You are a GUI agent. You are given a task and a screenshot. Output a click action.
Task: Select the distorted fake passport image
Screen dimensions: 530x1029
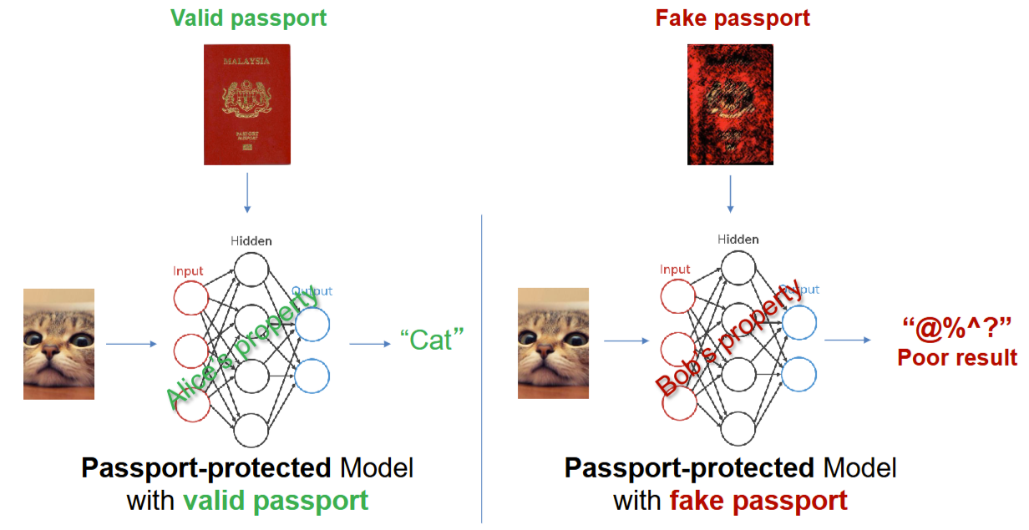(729, 104)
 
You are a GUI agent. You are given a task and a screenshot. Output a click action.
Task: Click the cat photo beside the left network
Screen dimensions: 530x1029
(58, 343)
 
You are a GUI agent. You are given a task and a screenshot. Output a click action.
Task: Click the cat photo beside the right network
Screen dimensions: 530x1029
(553, 342)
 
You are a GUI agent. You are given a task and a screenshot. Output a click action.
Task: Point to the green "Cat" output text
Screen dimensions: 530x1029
(431, 341)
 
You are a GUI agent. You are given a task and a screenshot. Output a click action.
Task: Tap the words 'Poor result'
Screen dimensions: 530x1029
(957, 357)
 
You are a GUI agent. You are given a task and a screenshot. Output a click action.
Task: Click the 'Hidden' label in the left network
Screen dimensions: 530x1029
(251, 241)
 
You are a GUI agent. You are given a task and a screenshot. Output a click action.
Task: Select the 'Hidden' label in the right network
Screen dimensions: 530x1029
(738, 240)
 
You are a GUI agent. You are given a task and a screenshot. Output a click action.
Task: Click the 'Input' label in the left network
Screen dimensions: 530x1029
(188, 270)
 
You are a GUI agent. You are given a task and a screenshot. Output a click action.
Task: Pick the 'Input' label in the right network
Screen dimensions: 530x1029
(675, 270)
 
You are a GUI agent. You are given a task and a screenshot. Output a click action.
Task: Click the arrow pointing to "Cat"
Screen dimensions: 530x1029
(369, 343)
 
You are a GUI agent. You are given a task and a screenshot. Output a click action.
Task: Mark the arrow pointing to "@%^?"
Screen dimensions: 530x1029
(848, 341)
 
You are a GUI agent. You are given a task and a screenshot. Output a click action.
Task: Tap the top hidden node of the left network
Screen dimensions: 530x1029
(251, 270)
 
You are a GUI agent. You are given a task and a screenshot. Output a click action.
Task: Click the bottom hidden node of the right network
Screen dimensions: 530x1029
(738, 429)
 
